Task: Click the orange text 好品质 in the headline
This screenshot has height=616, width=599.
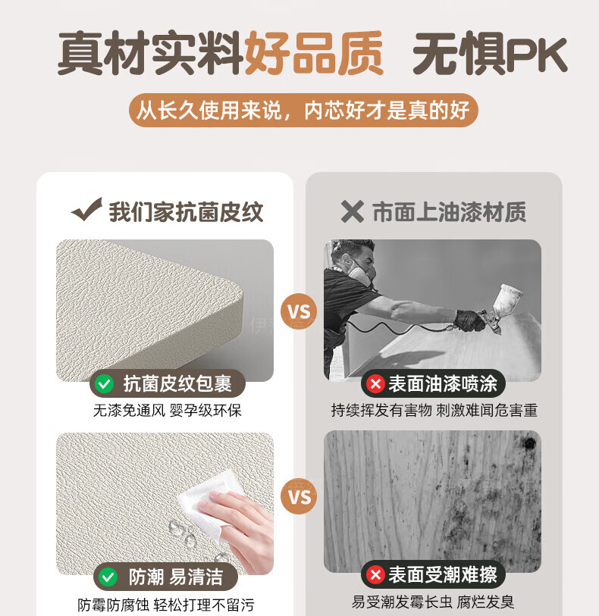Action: click(314, 54)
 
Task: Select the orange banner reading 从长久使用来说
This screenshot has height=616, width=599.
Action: click(303, 110)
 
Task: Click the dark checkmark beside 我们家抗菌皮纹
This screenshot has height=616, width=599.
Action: click(87, 209)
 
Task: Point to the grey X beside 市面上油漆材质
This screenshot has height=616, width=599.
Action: click(352, 211)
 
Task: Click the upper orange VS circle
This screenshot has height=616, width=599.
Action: click(299, 311)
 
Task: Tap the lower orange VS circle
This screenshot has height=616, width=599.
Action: click(299, 496)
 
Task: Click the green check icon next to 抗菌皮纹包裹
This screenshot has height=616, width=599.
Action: click(105, 383)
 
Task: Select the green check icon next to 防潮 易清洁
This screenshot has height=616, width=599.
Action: click(108, 577)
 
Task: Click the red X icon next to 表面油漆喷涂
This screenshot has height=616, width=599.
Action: click(375, 383)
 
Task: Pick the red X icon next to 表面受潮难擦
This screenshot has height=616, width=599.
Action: click(375, 575)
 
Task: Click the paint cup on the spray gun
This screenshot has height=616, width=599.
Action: click(507, 299)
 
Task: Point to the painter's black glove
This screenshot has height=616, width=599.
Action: click(469, 321)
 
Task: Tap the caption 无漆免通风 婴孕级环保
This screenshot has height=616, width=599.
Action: click(168, 411)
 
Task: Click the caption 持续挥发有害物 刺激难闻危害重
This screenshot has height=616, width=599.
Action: click(434, 410)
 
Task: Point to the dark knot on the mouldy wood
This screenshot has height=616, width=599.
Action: click(529, 443)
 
